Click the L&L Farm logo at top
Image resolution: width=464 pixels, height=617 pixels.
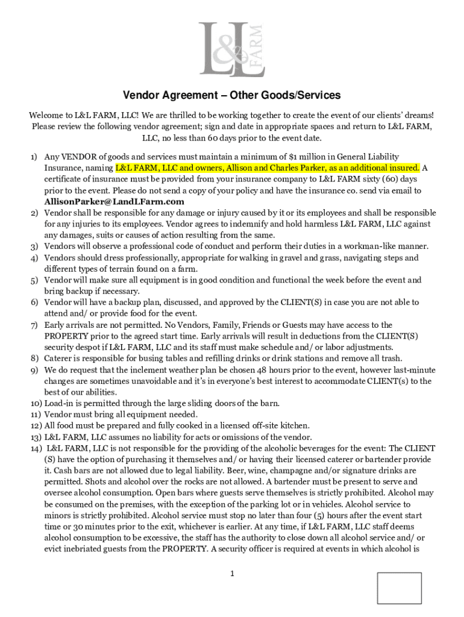tap(232, 49)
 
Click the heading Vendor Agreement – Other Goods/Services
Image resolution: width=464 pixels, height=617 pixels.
tap(232, 95)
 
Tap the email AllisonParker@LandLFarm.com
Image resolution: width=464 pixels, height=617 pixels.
tap(114, 202)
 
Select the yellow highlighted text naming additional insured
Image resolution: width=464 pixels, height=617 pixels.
tap(268, 168)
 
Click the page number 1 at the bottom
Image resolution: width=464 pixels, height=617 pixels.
tap(232, 574)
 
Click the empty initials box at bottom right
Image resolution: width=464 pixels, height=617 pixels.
tap(399, 587)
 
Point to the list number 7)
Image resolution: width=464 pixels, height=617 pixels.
tap(34, 325)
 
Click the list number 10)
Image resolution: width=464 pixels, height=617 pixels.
tap(35, 403)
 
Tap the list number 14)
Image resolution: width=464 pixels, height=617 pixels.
tap(35, 448)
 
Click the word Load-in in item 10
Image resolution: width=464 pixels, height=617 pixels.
tap(60, 403)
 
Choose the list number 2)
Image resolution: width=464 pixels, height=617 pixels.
tap(34, 213)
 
